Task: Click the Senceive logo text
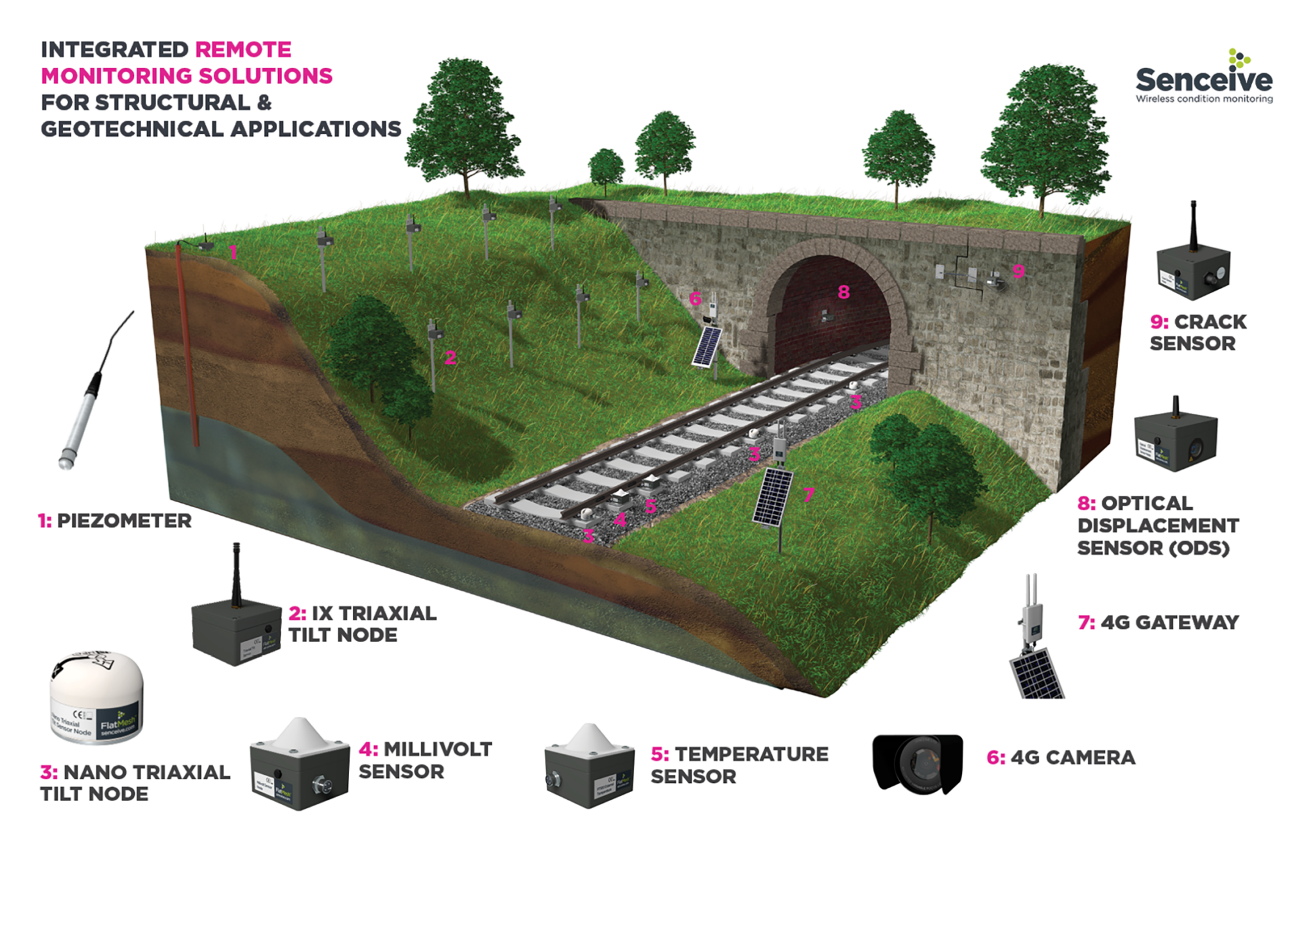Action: [1203, 80]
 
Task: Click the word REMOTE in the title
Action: [243, 50]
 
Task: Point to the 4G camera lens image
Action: [918, 763]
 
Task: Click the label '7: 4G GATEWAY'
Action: [1158, 622]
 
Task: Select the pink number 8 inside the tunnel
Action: [843, 292]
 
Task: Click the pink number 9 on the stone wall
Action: [1018, 271]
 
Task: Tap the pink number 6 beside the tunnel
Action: [695, 298]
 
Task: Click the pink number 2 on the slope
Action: [451, 357]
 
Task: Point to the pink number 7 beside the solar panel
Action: [809, 495]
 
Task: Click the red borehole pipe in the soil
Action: [188, 346]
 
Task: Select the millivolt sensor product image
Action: [299, 766]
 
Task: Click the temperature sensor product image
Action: [589, 766]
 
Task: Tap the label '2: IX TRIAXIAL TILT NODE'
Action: [362, 624]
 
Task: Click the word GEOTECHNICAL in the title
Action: [132, 129]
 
